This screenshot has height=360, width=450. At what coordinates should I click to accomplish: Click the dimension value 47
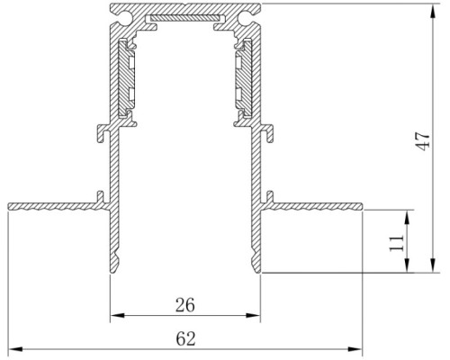click(424, 141)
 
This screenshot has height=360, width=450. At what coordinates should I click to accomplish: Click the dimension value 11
click(397, 243)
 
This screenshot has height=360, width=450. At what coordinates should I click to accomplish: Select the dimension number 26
click(185, 305)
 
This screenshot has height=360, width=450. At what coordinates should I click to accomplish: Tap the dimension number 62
click(185, 338)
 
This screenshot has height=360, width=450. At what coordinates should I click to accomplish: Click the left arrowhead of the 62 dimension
click(15, 349)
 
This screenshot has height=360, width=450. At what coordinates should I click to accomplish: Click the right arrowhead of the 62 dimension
click(355, 349)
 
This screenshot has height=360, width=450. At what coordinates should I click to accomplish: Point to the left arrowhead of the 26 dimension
click(118, 315)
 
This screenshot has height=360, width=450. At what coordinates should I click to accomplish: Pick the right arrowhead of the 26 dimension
click(253, 315)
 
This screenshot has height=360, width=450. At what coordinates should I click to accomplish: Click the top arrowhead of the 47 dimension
click(433, 11)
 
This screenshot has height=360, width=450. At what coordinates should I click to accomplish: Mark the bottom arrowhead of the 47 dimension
click(433, 265)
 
